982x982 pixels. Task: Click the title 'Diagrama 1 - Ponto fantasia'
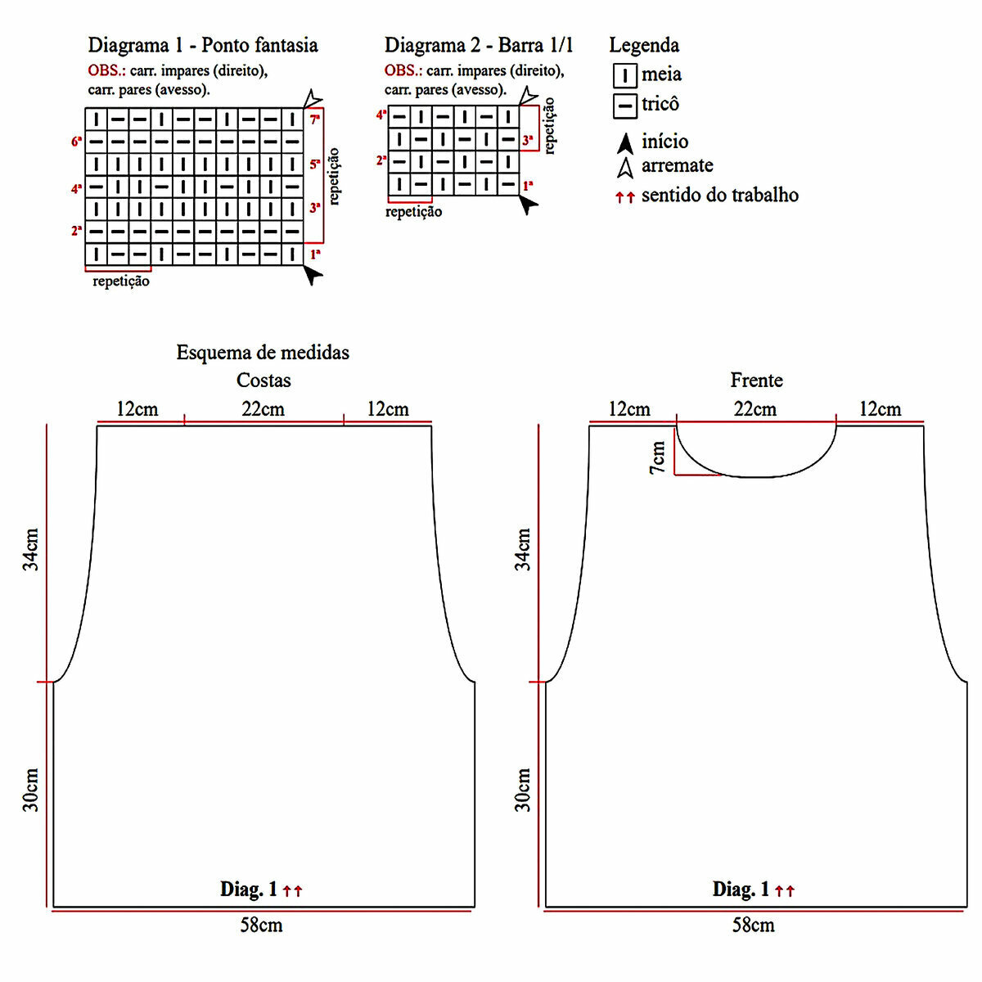pyautogui.click(x=203, y=45)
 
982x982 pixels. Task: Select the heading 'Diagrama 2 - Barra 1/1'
pyautogui.click(x=479, y=45)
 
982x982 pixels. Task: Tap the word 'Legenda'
pyautogui.click(x=644, y=45)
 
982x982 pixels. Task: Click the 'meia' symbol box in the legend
pyautogui.click(x=624, y=76)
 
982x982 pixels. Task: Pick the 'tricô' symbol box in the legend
pyautogui.click(x=624, y=106)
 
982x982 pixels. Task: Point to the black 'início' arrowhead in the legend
pyautogui.click(x=625, y=143)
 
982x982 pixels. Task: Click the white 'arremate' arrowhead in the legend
pyautogui.click(x=625, y=168)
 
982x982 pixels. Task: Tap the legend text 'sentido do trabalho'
pyautogui.click(x=719, y=196)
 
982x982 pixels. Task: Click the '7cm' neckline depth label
pyautogui.click(x=658, y=457)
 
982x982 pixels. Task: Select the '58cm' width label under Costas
pyautogui.click(x=261, y=926)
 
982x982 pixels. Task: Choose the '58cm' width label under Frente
pyautogui.click(x=753, y=926)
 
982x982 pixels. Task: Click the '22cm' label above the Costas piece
pyautogui.click(x=263, y=409)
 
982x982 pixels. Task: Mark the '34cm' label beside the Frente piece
pyautogui.click(x=523, y=549)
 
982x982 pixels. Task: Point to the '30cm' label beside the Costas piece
pyautogui.click(x=31, y=790)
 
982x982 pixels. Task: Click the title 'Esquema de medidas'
pyautogui.click(x=263, y=353)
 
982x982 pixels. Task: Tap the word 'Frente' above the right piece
pyautogui.click(x=756, y=381)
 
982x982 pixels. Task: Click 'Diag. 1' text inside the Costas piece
pyautogui.click(x=249, y=890)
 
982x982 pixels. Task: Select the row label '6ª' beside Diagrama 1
pyautogui.click(x=76, y=142)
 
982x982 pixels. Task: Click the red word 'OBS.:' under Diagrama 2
pyautogui.click(x=403, y=71)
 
